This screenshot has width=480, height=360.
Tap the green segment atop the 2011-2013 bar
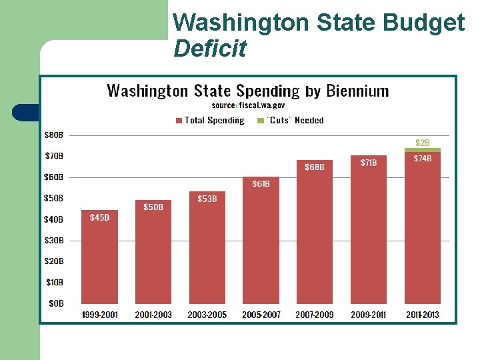423,150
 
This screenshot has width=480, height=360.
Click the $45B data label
99,217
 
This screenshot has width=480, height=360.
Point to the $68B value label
315,167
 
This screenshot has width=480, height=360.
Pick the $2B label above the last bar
423,143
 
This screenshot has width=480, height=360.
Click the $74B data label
423,159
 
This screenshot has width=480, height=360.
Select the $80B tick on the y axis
54,135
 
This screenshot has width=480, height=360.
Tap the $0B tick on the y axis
56,303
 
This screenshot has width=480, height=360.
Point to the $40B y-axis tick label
54,219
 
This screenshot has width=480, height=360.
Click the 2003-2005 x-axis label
207,315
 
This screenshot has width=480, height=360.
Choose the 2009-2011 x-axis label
369,315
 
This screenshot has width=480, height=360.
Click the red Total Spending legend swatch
179,121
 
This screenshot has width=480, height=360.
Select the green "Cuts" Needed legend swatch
261,121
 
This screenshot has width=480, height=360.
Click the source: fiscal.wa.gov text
248,105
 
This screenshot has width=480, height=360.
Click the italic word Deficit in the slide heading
209,48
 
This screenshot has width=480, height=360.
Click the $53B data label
207,199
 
